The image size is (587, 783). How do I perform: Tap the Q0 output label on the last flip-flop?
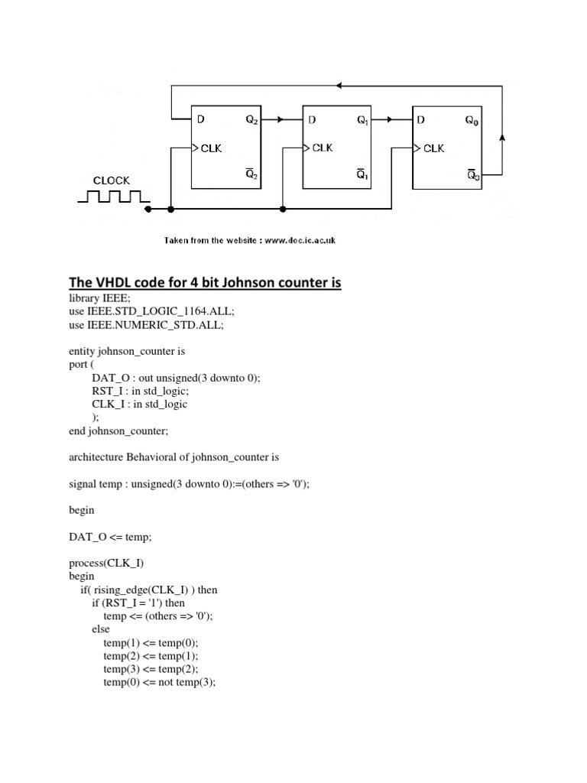[x=473, y=121]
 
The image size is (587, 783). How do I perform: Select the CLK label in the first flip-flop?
[x=211, y=148]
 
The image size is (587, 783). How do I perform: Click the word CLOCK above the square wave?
[x=112, y=181]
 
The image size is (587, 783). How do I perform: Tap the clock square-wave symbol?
[x=113, y=197]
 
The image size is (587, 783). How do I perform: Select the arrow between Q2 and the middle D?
[x=280, y=120]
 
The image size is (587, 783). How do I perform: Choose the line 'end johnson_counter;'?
[x=119, y=430]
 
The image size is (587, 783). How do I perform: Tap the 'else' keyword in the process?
[x=101, y=629]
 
